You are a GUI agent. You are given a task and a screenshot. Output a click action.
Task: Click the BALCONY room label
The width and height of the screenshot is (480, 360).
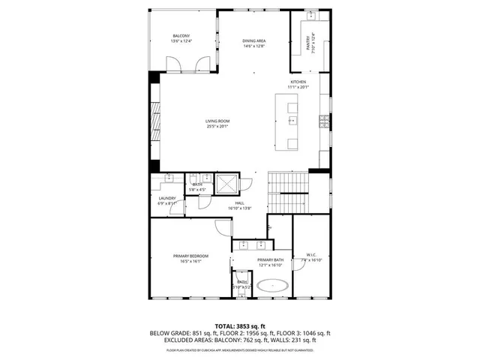(x=181, y=36)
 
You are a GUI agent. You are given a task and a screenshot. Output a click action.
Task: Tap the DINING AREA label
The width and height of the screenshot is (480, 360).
(x=253, y=40)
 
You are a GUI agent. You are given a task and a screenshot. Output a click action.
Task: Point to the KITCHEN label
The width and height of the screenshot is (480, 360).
(x=298, y=82)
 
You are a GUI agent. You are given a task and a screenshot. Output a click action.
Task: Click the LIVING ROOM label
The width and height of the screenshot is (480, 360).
(x=217, y=121)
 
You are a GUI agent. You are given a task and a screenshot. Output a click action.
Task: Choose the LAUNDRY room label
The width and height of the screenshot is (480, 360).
(x=166, y=198)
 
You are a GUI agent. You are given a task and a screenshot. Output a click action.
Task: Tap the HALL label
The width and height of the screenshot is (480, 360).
(x=240, y=202)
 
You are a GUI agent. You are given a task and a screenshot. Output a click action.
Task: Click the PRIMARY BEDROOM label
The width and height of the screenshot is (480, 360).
(x=190, y=256)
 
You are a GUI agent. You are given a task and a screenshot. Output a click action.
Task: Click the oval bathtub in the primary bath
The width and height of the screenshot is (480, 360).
(x=271, y=286)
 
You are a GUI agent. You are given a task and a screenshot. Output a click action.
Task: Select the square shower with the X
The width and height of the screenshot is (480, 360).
(x=225, y=184)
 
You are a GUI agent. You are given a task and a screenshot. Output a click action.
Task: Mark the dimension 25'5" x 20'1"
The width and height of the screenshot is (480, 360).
(x=217, y=127)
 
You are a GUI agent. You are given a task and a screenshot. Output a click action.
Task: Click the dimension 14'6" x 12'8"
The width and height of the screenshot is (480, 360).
(x=253, y=46)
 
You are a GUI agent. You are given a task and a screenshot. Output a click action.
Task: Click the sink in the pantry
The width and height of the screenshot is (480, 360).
(x=319, y=16)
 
